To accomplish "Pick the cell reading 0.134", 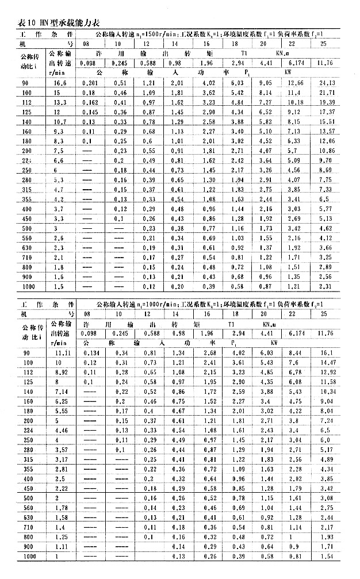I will [x=91, y=351].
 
